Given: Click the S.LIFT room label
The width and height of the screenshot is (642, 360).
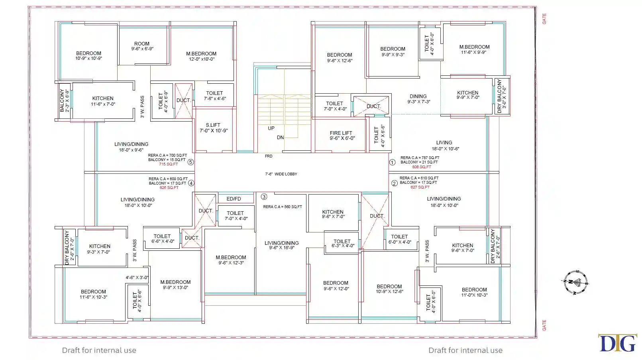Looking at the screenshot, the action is point(214,128).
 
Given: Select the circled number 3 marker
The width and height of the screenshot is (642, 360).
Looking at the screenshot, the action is point(264,197).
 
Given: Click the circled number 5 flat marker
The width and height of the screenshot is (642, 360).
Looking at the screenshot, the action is point(190,162).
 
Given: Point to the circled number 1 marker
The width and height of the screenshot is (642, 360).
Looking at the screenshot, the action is point(393,163).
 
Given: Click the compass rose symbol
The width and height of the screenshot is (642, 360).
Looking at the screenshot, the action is point(575,282).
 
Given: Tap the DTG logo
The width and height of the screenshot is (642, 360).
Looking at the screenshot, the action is point(617,343).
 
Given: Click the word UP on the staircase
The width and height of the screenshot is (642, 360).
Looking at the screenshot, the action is point(271,128).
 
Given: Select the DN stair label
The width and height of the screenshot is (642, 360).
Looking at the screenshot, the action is point(280,138).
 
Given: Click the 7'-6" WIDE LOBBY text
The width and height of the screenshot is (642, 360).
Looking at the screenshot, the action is point(281,174).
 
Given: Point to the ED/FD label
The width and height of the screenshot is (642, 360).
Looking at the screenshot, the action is point(234,199).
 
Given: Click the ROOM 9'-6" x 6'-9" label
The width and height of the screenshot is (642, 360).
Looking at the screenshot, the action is point(142,46).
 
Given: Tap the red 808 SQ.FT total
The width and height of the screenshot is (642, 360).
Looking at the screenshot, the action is point(422,167).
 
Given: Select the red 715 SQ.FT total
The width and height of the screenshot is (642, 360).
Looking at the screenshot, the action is point(169,164).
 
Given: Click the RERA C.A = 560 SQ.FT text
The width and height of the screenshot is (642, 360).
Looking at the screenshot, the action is point(283,207).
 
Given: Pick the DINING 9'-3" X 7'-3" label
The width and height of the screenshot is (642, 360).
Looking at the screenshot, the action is point(419,99).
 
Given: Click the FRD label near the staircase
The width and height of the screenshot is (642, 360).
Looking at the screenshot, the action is point(269,156).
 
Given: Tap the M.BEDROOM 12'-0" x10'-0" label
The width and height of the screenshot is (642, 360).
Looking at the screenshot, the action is point(202,56).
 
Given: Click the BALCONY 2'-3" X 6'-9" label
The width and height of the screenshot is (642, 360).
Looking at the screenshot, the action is point(65,100).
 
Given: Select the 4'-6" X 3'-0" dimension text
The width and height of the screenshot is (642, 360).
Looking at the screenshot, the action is point(137,277).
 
